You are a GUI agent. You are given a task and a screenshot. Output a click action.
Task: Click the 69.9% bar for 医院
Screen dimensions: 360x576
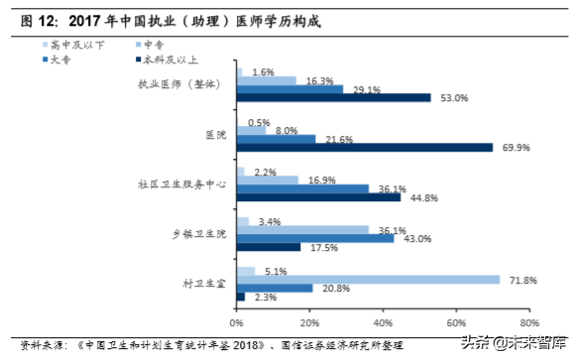click(365, 147)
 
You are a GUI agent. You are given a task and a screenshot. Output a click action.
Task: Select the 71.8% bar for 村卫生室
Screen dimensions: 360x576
click(368, 279)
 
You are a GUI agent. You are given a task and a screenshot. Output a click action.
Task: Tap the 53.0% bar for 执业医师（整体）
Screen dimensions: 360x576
click(333, 97)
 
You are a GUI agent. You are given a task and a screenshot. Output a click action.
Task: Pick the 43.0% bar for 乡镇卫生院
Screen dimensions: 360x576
click(315, 238)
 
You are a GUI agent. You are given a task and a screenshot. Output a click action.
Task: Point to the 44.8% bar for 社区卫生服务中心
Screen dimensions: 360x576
click(318, 196)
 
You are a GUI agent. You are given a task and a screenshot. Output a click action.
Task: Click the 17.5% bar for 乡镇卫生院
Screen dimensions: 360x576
click(269, 247)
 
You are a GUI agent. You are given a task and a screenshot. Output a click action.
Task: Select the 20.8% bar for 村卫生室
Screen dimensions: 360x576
click(275, 288)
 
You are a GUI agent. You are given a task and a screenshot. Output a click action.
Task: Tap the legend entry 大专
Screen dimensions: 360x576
click(70, 60)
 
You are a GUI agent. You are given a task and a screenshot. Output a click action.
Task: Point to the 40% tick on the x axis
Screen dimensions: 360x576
click(383, 323)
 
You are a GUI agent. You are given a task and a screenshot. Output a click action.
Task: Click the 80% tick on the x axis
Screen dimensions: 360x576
click(528, 323)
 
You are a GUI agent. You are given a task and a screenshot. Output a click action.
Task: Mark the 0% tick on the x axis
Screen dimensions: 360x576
click(237, 323)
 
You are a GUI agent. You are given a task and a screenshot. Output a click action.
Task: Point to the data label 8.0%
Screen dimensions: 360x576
click(287, 130)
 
